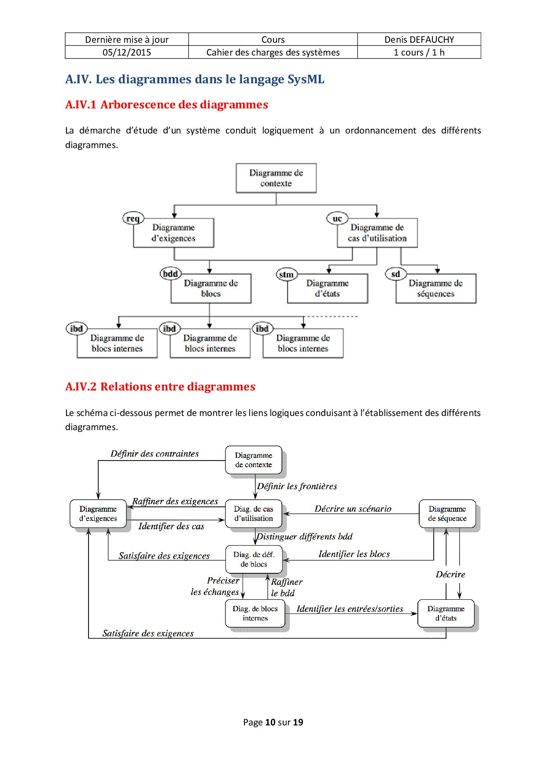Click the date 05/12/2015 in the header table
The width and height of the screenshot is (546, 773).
(x=127, y=52)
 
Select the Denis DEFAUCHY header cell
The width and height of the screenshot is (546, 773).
(x=419, y=40)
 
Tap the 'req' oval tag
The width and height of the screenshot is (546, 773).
(x=133, y=219)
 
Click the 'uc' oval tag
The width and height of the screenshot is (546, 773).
(x=337, y=219)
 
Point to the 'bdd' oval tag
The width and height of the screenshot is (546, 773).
(x=170, y=274)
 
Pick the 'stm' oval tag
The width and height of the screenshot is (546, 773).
(x=286, y=275)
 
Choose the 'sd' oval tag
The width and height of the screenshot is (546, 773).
(x=395, y=274)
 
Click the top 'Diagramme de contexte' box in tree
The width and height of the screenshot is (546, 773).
(x=276, y=178)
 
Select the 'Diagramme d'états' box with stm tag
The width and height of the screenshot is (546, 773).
(x=328, y=289)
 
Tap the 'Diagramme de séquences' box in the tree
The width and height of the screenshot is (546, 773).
(x=436, y=289)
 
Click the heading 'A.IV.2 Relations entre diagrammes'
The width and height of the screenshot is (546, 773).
(x=160, y=386)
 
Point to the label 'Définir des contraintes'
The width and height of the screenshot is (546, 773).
(x=155, y=454)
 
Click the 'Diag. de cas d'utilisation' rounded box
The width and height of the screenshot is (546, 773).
(x=254, y=514)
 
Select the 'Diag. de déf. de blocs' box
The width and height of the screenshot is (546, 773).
(x=254, y=559)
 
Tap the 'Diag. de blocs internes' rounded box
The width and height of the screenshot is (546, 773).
(x=255, y=613)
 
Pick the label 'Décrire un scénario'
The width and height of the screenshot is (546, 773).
(x=353, y=509)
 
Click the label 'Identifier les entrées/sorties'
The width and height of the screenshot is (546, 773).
(x=350, y=609)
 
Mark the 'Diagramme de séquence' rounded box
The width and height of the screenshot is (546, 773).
(x=447, y=514)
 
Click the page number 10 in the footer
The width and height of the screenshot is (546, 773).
(x=270, y=722)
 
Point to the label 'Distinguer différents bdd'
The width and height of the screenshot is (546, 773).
(x=305, y=537)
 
